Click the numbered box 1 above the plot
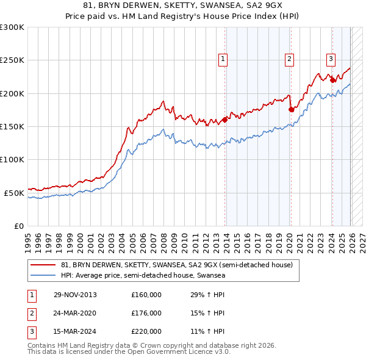223,59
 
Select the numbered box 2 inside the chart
289,59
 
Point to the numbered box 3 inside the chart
331,59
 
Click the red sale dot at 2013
225,120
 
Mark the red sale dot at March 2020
291,109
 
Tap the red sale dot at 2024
332,80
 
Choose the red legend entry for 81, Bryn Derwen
177,265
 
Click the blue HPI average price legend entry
143,275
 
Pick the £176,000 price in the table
146,313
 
